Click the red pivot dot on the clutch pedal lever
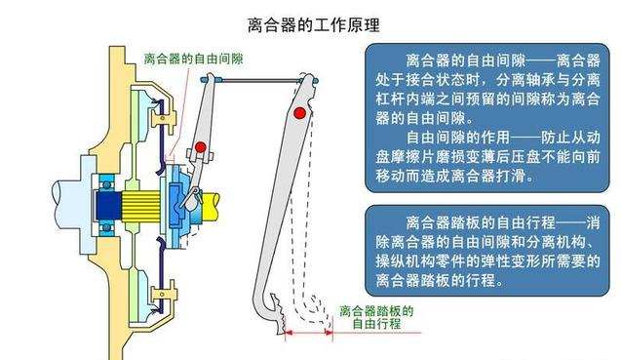(x=300, y=115)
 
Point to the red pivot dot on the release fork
(x=201, y=147)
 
